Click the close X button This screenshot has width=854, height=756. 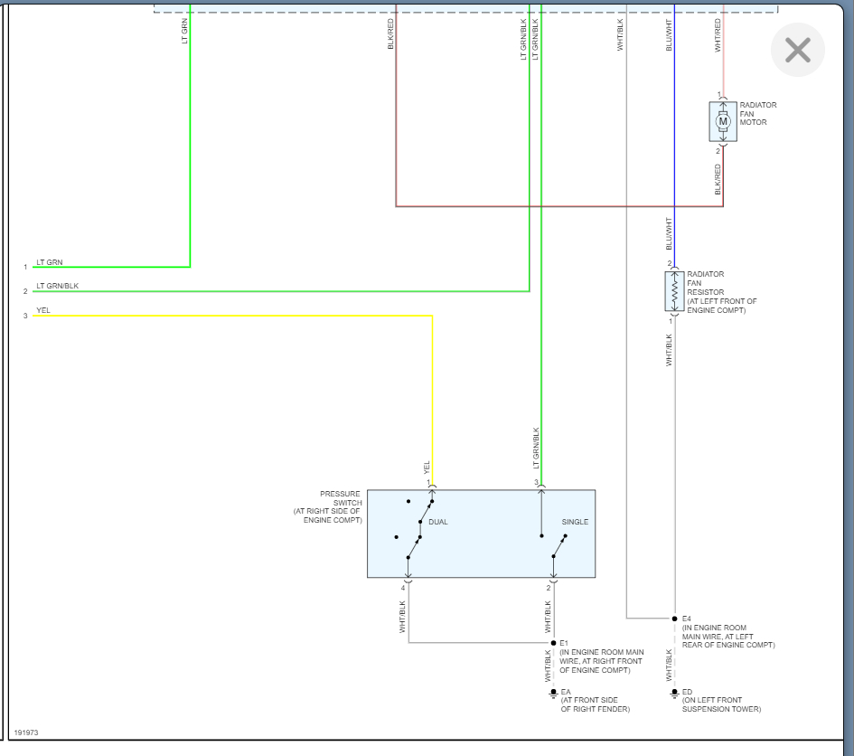click(x=798, y=51)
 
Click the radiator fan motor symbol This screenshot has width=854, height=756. click(x=723, y=121)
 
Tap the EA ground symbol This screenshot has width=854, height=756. click(x=553, y=694)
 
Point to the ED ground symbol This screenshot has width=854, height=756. click(x=674, y=694)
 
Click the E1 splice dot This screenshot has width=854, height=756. click(x=553, y=643)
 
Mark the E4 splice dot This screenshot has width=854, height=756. click(x=674, y=619)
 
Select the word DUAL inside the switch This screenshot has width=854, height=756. click(x=438, y=523)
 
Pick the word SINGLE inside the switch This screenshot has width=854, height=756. click(x=575, y=523)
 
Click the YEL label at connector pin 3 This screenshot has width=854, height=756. click(x=43, y=310)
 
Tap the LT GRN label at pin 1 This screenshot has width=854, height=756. click(x=50, y=262)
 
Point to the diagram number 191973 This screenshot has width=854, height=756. click(x=25, y=732)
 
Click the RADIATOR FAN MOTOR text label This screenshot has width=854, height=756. click(x=757, y=114)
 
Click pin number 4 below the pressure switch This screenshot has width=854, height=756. click(x=403, y=589)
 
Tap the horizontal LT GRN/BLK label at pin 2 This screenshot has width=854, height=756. click(x=57, y=286)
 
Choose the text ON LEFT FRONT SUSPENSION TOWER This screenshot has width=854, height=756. click(x=721, y=705)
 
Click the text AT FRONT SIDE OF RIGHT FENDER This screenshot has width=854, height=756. click(x=595, y=705)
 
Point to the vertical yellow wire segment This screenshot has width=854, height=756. click(x=432, y=389)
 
